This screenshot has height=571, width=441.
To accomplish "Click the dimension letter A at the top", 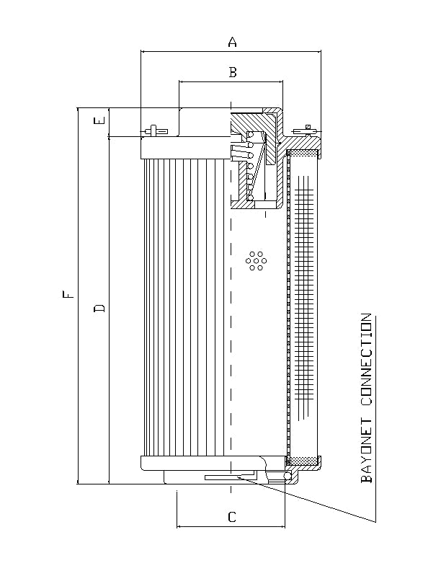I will pyautogui.click(x=232, y=43).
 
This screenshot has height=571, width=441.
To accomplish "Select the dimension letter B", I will pyautogui.click(x=232, y=72).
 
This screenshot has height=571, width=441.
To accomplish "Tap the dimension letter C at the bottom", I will pyautogui.click(x=231, y=516).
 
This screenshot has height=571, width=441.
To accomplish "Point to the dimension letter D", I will pyautogui.click(x=100, y=309).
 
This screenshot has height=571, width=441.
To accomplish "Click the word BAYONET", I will pyautogui.click(x=367, y=447).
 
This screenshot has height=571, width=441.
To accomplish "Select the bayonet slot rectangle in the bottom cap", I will pyautogui.click(x=229, y=477).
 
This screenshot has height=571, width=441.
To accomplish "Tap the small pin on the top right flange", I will pyautogui.click(x=308, y=129).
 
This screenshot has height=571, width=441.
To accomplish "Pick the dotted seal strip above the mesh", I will pyautogui.click(x=303, y=154).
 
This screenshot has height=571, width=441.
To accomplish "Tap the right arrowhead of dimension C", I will pyautogui.click(x=283, y=526).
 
